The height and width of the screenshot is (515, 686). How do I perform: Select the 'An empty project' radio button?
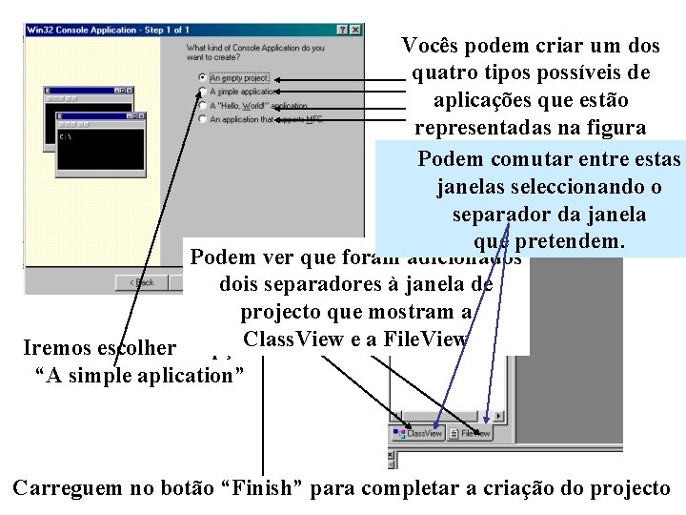point(201,77)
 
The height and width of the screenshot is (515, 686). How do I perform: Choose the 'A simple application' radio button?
point(201,92)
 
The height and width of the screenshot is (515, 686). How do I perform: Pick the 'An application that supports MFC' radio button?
point(201,120)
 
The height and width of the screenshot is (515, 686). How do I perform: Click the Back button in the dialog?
point(139,282)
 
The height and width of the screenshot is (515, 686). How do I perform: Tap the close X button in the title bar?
point(355,31)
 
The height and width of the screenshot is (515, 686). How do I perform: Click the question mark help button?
point(343,31)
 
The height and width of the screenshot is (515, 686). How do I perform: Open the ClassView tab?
point(419,433)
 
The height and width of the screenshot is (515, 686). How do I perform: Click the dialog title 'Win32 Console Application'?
point(82,31)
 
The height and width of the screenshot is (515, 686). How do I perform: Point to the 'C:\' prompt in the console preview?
point(65,136)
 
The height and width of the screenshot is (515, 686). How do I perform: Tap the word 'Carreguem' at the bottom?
point(68,488)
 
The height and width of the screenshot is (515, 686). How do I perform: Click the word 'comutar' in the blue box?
point(529,158)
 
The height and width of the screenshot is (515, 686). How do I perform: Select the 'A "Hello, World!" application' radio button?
point(201,106)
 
